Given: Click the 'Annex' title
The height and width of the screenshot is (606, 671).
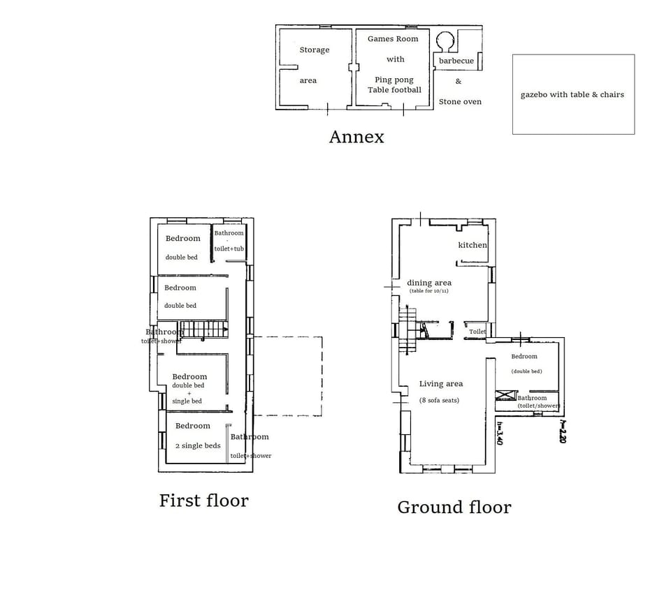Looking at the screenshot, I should (x=356, y=137).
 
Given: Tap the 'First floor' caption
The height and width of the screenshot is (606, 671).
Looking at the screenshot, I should (x=203, y=501).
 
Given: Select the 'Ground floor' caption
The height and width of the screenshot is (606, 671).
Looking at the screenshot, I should (x=454, y=508).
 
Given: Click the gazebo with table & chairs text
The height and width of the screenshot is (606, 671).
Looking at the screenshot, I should (x=572, y=95).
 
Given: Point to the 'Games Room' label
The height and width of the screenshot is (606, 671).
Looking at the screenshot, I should (x=393, y=39).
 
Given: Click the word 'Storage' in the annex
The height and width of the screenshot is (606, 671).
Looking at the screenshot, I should (x=315, y=50).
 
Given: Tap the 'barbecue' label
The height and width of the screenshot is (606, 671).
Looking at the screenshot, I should (x=456, y=61).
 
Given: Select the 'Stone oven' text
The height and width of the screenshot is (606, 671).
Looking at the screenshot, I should (x=460, y=102).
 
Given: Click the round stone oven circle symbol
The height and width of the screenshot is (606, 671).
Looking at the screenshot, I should (x=445, y=40).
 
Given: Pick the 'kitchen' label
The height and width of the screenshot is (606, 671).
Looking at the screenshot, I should (x=472, y=245).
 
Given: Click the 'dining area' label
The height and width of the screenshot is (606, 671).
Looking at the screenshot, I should (x=429, y=283).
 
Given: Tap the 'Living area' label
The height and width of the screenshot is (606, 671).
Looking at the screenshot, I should (x=440, y=384).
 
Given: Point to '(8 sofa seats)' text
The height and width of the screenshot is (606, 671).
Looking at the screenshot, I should (x=440, y=401).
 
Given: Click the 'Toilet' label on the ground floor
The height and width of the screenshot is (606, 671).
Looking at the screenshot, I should (x=477, y=332).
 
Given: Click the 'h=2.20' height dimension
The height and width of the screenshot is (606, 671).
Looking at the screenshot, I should (x=562, y=431).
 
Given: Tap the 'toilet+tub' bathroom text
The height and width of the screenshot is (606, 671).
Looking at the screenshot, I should (x=229, y=249).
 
